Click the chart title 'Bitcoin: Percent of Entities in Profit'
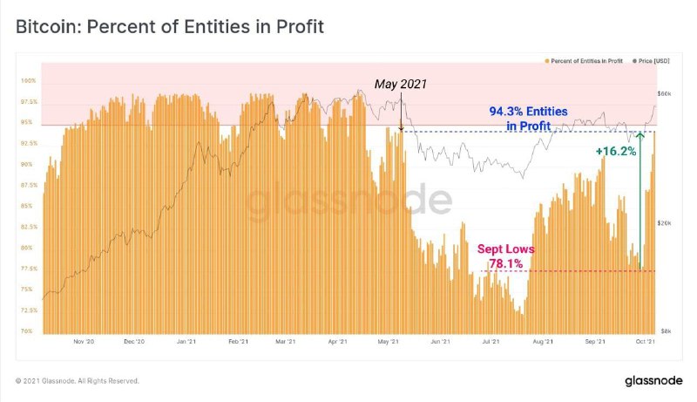pyautogui.click(x=170, y=27)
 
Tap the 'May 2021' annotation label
pyautogui.click(x=402, y=84)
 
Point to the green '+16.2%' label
pyautogui.click(x=615, y=151)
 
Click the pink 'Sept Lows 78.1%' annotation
pyautogui.click(x=506, y=256)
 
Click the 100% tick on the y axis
pyautogui.click(x=28, y=81)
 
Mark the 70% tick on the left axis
pyautogui.click(x=29, y=331)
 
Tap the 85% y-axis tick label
pyautogui.click(x=29, y=206)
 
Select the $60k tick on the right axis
pyautogui.click(x=664, y=93)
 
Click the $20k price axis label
pyautogui.click(x=664, y=223)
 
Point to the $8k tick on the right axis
pyautogui.click(x=664, y=331)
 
